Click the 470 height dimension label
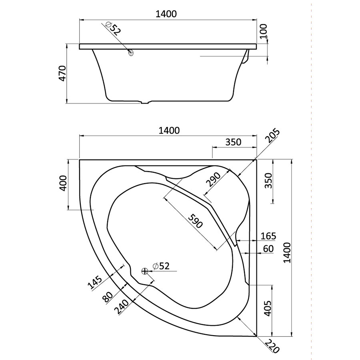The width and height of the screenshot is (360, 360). coord(63,73)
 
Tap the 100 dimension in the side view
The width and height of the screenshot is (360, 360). coord(264,31)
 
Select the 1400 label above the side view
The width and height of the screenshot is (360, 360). coord(166,14)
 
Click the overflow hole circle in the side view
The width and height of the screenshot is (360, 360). coord(131,52)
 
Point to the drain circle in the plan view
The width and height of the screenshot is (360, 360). coord(144,271)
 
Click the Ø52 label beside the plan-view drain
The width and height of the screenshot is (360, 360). coord(161,266)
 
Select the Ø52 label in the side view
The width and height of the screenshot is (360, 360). coord(113,29)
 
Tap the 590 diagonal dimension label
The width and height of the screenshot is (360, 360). coord(195,221)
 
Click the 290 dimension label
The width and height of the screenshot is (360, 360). coord(213,179)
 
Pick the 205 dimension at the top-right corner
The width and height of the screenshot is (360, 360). coord(273,136)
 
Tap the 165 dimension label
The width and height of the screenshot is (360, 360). coord(268,236)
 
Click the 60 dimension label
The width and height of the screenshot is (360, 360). coord(268,249)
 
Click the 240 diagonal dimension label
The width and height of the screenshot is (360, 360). coord(122,307)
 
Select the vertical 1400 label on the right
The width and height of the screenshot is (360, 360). coord(287,252)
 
